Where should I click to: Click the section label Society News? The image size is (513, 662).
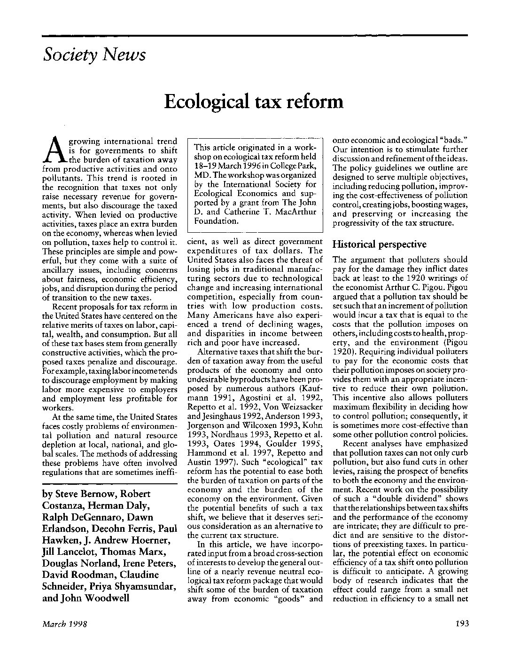[x=94, y=55]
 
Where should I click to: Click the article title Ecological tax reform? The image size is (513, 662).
[x=254, y=101]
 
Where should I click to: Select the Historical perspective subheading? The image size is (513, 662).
[x=379, y=244]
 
